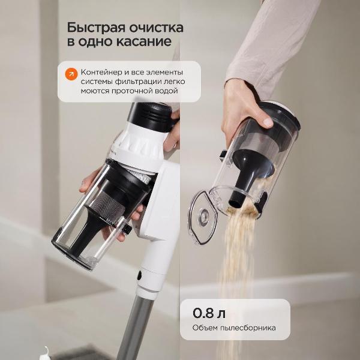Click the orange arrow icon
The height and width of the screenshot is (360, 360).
tap(71, 74)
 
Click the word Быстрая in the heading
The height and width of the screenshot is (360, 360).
tap(96, 28)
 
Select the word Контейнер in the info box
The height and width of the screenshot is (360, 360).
tap(101, 73)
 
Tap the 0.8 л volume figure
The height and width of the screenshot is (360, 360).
tap(209, 313)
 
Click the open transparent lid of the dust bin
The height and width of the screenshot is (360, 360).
tap(203, 217)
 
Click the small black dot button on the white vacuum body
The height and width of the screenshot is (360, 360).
tap(139, 275)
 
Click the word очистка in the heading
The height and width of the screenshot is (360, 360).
tap(156, 28)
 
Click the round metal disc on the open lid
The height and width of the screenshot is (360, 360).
tap(203, 216)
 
